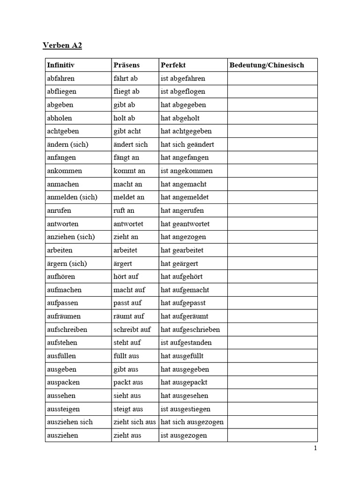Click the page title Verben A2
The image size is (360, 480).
click(x=62, y=45)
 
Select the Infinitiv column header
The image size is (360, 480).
click(x=61, y=65)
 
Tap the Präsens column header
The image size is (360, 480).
click(x=127, y=65)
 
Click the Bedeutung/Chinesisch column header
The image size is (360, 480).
click(x=267, y=65)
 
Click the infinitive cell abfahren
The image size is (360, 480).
click(x=61, y=78)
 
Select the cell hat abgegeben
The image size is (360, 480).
click(x=183, y=105)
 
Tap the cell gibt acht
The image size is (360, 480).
click(x=127, y=131)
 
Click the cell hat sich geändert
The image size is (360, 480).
click(x=187, y=144)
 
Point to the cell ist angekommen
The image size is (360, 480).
click(x=187, y=171)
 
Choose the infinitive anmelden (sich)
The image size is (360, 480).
click(x=72, y=197)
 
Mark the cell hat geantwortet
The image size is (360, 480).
click(x=185, y=224)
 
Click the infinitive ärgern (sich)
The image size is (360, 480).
click(x=67, y=263)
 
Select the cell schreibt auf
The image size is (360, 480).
click(x=132, y=330)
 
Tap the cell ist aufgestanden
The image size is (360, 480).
click(x=186, y=343)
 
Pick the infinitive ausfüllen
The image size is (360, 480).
click(x=61, y=356)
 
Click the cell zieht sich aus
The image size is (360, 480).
click(x=135, y=422)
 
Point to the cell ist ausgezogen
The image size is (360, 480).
click(x=184, y=435)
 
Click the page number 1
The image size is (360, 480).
click(x=315, y=448)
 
